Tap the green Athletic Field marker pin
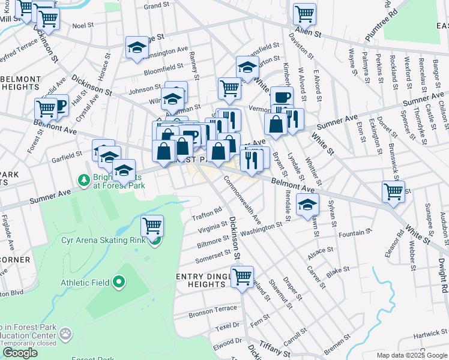pyautogui.click(x=119, y=281)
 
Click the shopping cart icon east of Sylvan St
pyautogui.click(x=393, y=192)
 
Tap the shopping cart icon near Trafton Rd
pyautogui.click(x=152, y=226)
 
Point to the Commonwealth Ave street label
pyautogui.click(x=243, y=199)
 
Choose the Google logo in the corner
pyautogui.click(x=20, y=353)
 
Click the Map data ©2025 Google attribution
pyautogui.click(x=412, y=355)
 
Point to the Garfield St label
pyautogui.click(x=66, y=157)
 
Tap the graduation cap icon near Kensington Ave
pyautogui.click(x=137, y=48)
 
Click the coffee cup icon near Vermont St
pyautogui.click(x=281, y=97)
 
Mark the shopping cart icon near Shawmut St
pyautogui.click(x=243, y=278)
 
